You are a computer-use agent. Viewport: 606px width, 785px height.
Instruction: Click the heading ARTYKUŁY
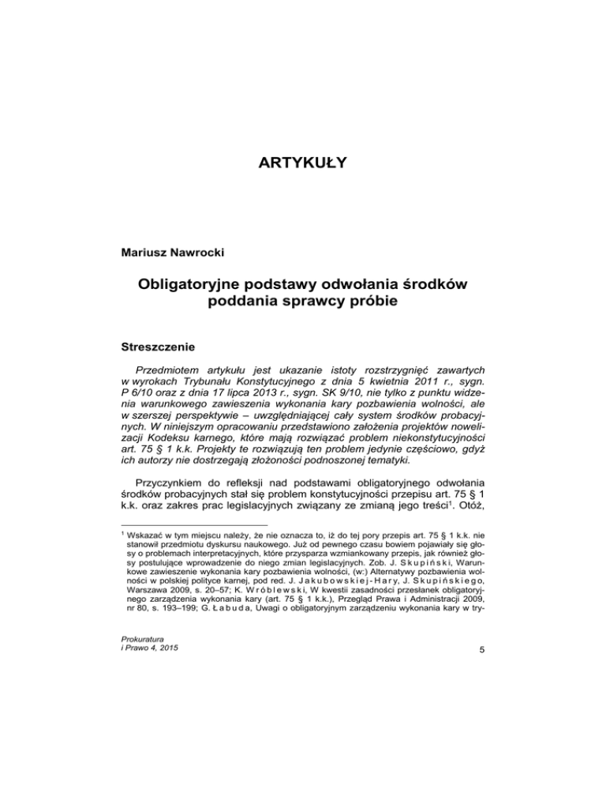point(302,164)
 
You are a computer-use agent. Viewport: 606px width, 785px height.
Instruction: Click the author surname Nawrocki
point(179,252)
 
